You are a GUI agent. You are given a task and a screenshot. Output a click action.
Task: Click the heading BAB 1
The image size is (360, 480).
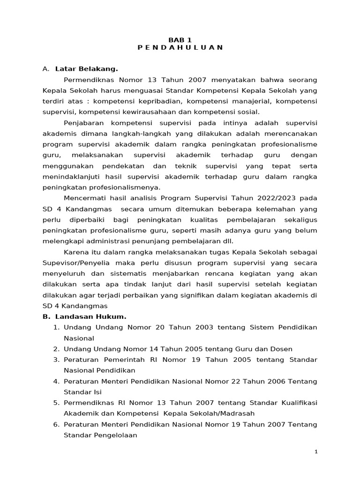click(x=180, y=40)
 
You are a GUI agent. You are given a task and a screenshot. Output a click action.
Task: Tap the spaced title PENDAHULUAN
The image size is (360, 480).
click(x=180, y=47)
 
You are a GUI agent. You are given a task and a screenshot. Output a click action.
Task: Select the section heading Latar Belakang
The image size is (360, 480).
click(x=86, y=69)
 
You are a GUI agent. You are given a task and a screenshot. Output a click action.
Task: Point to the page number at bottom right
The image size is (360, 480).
click(x=316, y=451)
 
